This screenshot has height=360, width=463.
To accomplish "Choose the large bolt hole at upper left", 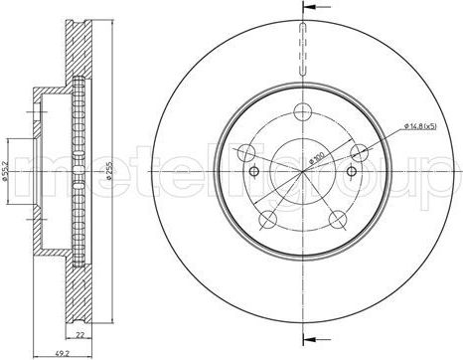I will point(243,151).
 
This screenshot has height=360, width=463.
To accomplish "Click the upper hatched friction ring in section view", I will point(77,55).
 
